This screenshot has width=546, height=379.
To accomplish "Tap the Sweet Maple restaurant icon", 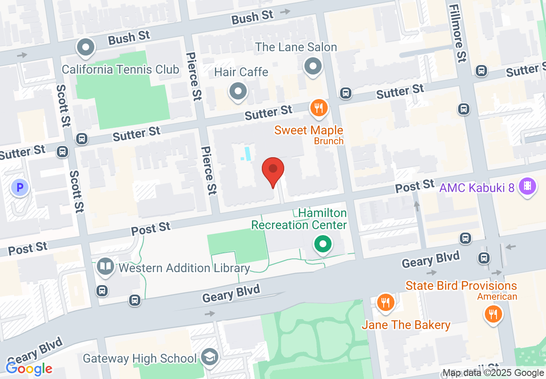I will coord(319,108).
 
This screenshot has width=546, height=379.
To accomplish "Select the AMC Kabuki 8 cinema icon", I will coord(527,186).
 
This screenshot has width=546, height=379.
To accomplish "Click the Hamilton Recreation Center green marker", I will coord(323,244).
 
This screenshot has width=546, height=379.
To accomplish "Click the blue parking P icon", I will coord(19,187).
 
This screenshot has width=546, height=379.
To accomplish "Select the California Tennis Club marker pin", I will coord(86,47).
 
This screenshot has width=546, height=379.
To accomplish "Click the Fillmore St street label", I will coord(458,33).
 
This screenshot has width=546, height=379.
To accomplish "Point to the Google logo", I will coord(29,369).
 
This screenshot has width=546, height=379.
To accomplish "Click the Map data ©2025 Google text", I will coord(493,373).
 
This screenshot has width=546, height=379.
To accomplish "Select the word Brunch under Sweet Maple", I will coord(329,141).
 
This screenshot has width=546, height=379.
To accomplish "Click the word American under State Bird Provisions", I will coord(497,296).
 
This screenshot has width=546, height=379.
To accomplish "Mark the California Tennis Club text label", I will coord(121,69).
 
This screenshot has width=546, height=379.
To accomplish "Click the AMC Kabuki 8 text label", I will coord(477,188).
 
